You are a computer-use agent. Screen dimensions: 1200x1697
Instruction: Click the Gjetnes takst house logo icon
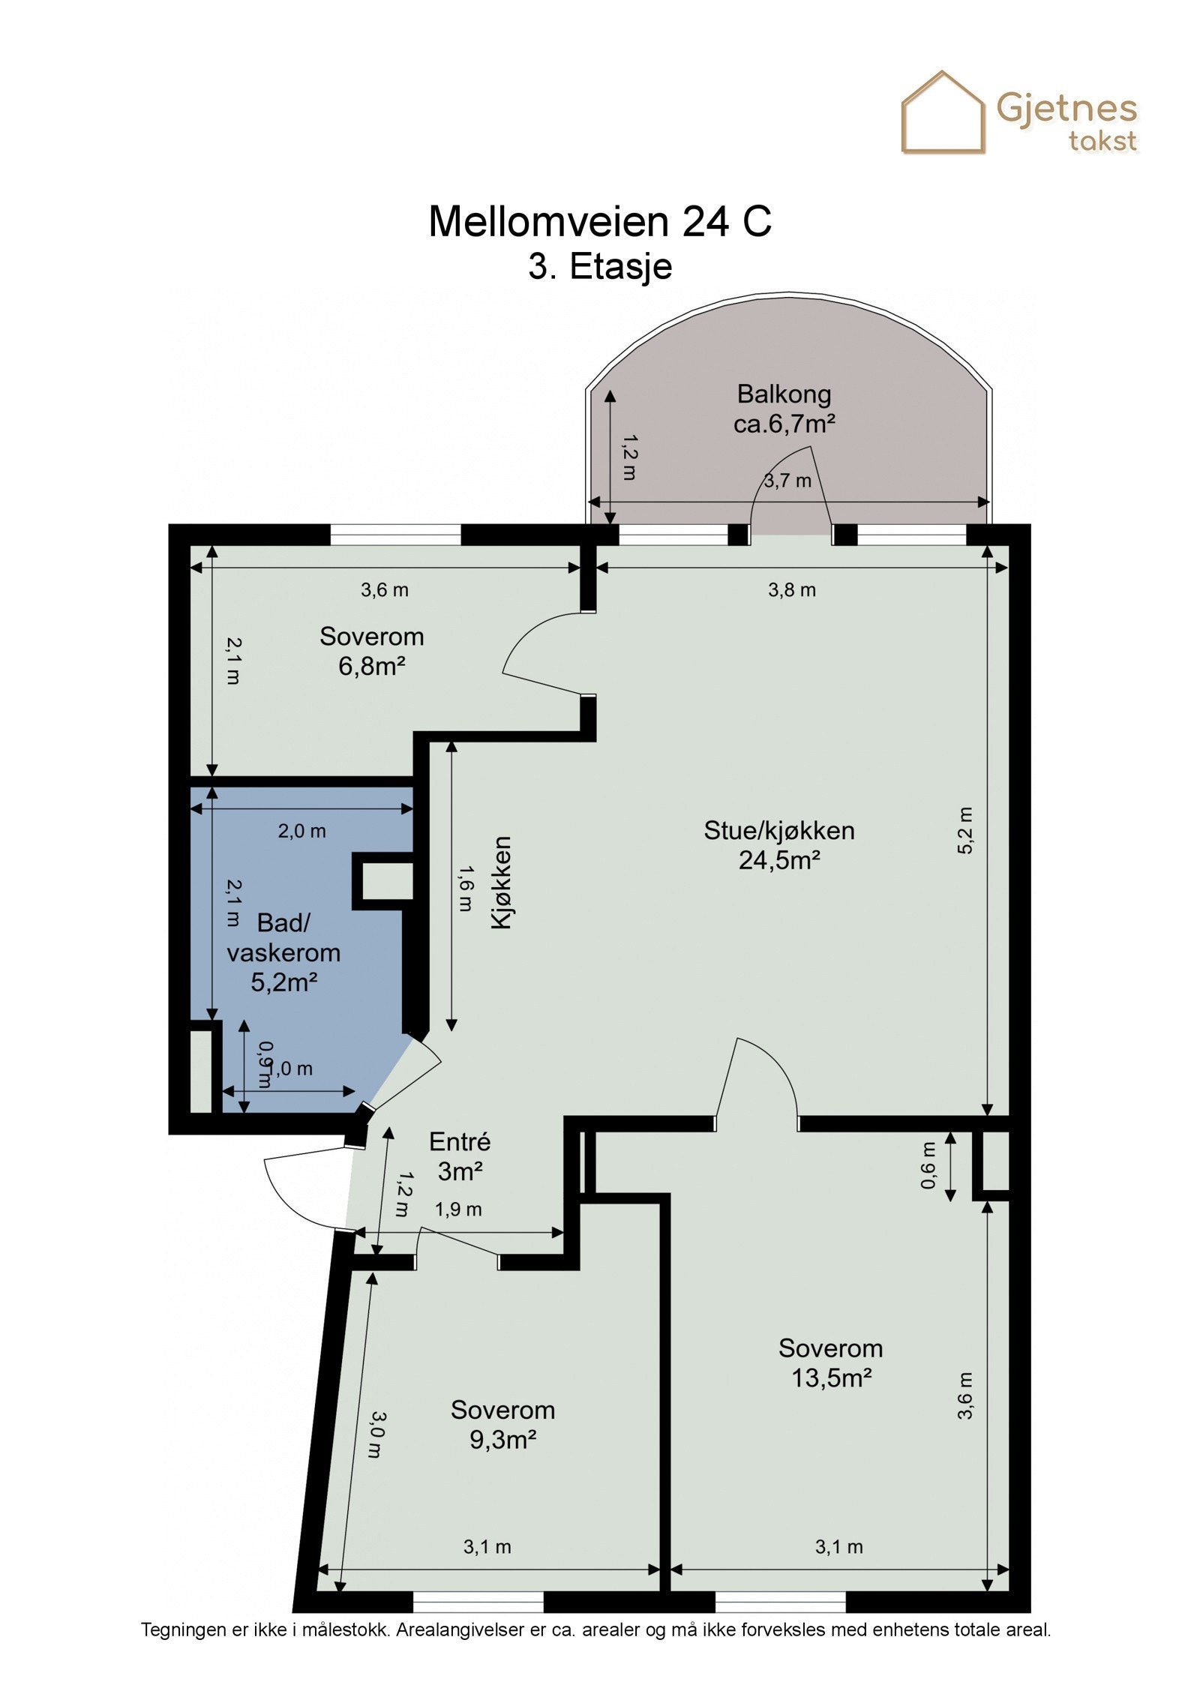coord(943,112)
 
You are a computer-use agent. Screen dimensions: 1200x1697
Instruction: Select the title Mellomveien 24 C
coord(600,221)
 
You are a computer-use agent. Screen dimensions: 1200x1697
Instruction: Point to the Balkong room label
coord(784,394)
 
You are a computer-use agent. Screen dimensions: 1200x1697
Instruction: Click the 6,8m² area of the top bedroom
coord(372,666)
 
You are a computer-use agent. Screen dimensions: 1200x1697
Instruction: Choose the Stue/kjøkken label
coord(779,831)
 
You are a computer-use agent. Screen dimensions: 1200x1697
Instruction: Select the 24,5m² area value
coord(779,860)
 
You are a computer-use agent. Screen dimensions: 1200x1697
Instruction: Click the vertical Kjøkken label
coord(501,883)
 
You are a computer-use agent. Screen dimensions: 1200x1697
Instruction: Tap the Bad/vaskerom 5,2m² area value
coord(284,982)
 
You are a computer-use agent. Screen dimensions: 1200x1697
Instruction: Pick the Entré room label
coord(460,1142)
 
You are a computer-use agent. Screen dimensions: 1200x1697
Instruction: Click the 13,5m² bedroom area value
coord(832,1378)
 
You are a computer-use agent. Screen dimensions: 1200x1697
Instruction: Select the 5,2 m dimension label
coord(965,830)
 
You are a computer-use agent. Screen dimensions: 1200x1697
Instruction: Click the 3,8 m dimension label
coord(791,590)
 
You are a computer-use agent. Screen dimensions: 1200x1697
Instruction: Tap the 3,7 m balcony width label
coord(787,481)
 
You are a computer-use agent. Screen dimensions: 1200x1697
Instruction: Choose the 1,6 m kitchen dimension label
coord(465,888)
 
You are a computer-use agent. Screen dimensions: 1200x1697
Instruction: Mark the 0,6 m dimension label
coord(928,1165)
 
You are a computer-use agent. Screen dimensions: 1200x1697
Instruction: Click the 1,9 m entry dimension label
coord(458,1209)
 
